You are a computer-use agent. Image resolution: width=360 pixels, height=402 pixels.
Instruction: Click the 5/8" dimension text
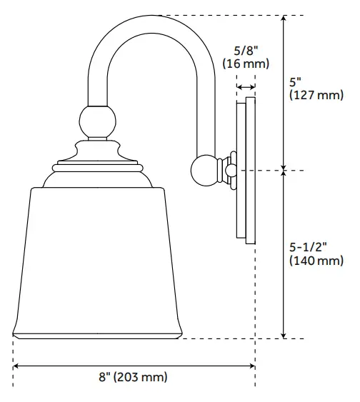245,51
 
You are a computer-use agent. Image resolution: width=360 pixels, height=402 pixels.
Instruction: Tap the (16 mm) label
245,64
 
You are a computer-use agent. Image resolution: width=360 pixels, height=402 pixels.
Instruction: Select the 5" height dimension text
295,81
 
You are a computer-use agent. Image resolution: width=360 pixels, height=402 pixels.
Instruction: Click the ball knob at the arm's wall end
206,171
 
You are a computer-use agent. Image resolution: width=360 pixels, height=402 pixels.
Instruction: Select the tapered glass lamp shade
97,257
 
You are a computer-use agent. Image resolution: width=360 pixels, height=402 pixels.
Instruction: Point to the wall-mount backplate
246,171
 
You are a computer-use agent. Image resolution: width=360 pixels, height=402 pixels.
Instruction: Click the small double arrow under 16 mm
246,86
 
